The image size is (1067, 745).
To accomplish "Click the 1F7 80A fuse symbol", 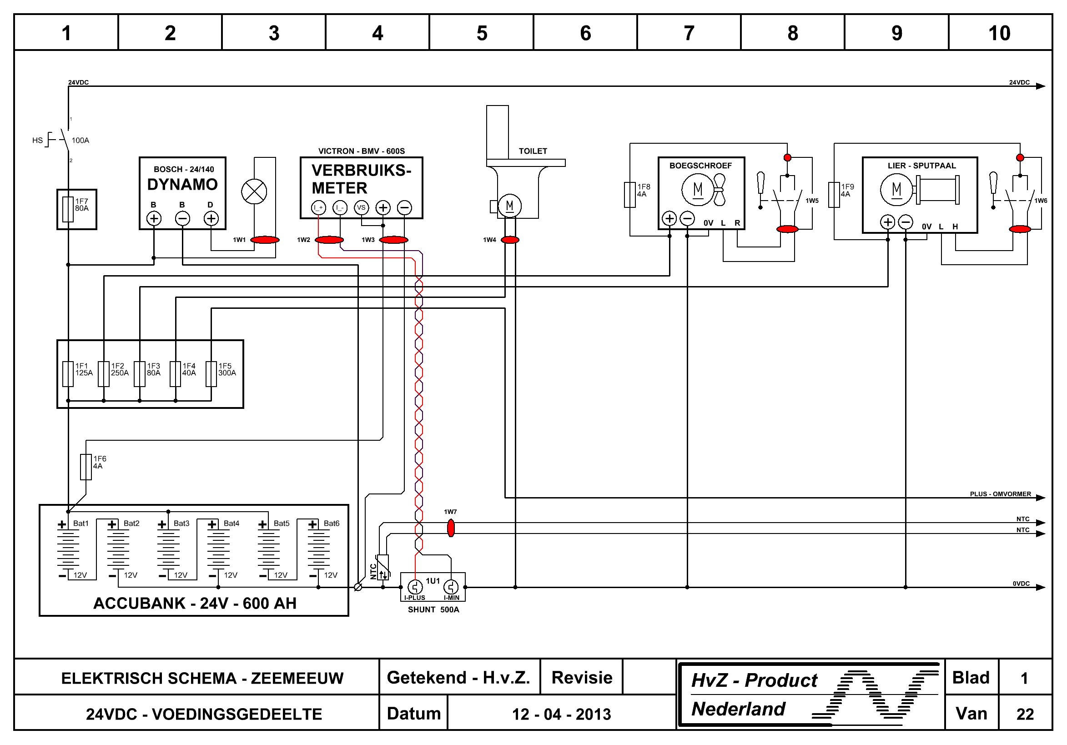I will (68, 209).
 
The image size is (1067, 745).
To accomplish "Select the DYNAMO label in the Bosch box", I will (182, 185).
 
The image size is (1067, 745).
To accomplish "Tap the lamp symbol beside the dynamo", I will (254, 191).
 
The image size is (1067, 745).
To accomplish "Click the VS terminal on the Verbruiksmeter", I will (361, 207).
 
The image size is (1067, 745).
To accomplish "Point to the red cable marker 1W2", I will (329, 240).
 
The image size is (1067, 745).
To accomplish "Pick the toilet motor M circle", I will (509, 206).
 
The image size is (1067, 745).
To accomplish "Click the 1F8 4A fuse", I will (630, 194).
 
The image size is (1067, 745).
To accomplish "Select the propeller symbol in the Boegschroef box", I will (719, 190).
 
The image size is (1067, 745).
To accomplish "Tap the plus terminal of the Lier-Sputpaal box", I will (888, 222).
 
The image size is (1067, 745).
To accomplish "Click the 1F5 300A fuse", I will (211, 374).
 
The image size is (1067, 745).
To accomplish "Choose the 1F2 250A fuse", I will (104, 374).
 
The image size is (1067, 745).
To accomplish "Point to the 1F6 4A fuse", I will (86, 467).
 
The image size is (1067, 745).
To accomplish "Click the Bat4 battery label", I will (231, 524).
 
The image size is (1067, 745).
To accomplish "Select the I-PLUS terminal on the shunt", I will (415, 587).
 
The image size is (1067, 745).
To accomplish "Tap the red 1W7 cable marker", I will (450, 528).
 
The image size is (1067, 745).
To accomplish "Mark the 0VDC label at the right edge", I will (1021, 583).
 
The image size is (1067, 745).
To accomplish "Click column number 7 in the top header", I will (689, 33).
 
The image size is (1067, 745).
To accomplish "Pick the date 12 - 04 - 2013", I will (561, 714).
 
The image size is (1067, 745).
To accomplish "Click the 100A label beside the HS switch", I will (81, 141).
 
